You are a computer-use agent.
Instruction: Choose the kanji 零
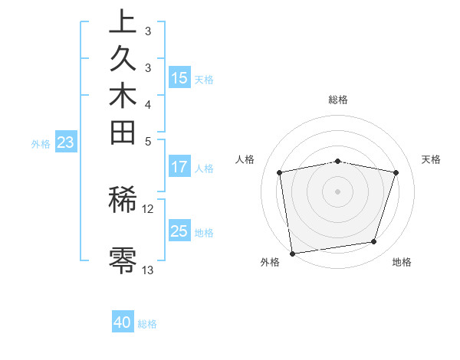tap(123, 260)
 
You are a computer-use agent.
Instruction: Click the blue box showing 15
tap(179, 77)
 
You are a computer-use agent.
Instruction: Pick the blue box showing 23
tap(66, 142)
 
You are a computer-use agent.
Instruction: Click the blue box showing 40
tap(123, 322)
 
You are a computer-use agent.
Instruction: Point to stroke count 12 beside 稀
tap(148, 208)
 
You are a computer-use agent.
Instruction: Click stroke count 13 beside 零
tap(148, 270)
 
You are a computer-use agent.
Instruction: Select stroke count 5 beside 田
tap(148, 140)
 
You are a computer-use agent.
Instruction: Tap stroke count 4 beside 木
tap(148, 104)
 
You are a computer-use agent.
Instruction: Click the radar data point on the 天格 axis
tap(396, 172)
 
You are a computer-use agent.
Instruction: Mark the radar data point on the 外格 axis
tap(292, 253)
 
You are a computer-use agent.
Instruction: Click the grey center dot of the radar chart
tap(337, 191)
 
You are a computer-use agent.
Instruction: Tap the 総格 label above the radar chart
tap(337, 100)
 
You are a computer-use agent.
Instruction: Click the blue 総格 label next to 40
tap(147, 324)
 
